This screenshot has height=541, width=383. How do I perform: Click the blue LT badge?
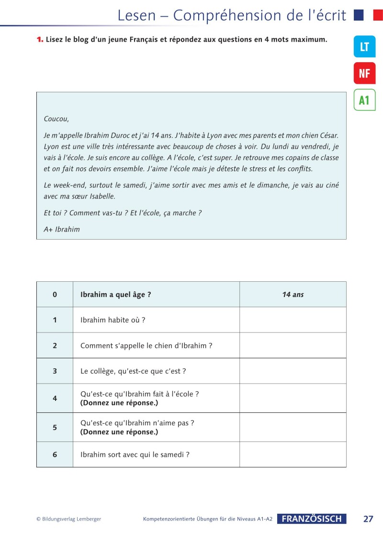[x=364, y=46]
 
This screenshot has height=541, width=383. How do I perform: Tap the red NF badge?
[x=364, y=73]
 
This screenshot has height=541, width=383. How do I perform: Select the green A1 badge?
[x=364, y=100]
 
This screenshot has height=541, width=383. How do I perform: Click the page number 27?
[x=368, y=519]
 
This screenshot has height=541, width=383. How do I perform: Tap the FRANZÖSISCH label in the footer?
[x=312, y=519]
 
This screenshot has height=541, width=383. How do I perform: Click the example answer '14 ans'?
[x=293, y=295]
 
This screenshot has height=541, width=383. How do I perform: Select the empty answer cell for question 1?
[x=293, y=320]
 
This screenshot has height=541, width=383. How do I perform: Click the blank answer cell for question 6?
[x=293, y=454]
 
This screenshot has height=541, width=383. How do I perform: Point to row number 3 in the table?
[x=55, y=371]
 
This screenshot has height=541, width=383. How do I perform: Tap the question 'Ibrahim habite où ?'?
[x=113, y=320]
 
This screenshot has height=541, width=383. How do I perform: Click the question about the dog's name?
[x=146, y=345]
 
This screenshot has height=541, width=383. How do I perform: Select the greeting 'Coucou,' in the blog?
[x=56, y=119]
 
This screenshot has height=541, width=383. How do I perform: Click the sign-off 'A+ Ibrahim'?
[x=62, y=229]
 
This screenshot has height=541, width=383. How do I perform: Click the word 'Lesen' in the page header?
[x=137, y=15]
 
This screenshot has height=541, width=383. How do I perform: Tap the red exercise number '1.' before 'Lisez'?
[x=40, y=39]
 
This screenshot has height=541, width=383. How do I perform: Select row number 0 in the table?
[x=55, y=295]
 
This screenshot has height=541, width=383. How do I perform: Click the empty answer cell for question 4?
[x=293, y=398]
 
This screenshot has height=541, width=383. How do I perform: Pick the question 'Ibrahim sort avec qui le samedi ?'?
[x=135, y=454]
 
